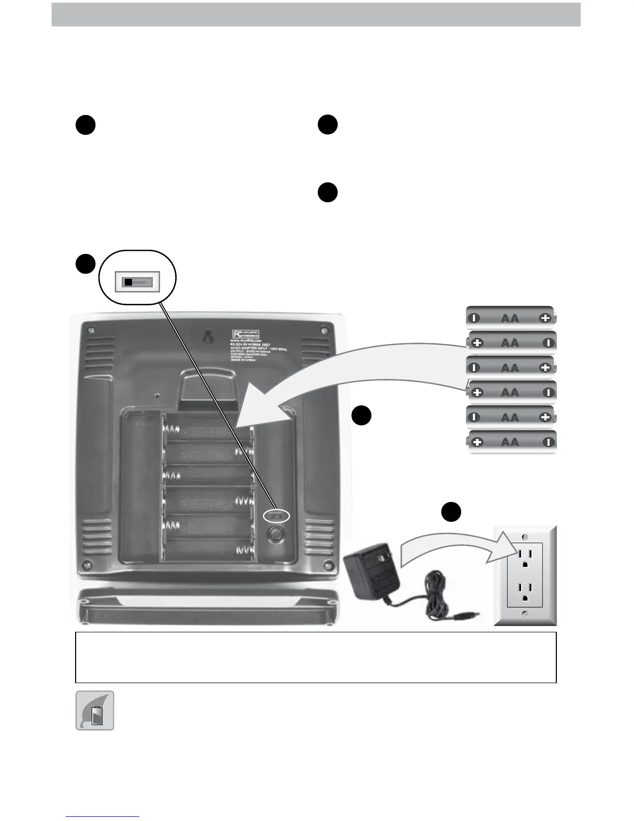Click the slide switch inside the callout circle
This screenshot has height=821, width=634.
pyautogui.click(x=137, y=282)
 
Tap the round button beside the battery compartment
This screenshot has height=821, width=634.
pyautogui.click(x=276, y=534)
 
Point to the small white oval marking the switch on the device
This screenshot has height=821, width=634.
pyautogui.click(x=276, y=516)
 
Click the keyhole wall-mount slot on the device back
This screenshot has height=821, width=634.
pyautogui.click(x=207, y=337)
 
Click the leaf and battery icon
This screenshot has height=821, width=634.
pyautogui.click(x=95, y=711)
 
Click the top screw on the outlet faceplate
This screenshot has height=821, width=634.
pyautogui.click(x=525, y=535)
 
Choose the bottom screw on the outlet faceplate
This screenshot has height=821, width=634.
pyautogui.click(x=525, y=614)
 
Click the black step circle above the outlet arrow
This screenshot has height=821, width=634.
pyautogui.click(x=451, y=512)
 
